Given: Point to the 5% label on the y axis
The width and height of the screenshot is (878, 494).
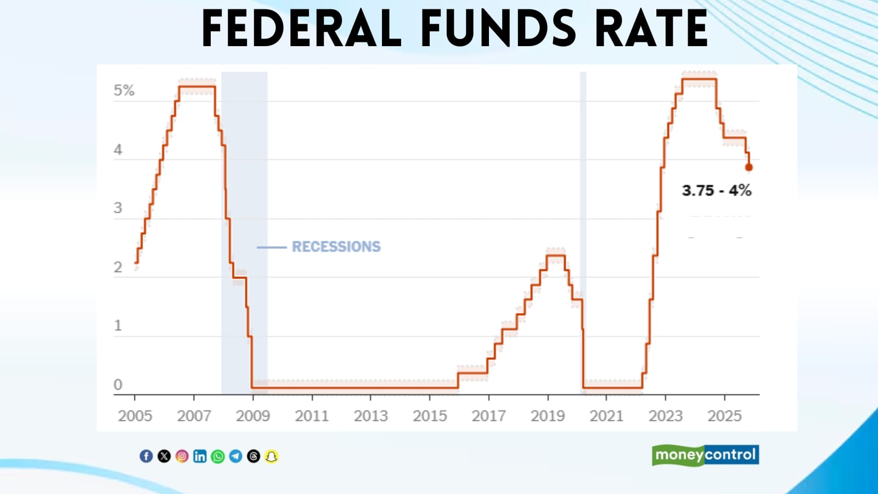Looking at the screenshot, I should tap(124, 91).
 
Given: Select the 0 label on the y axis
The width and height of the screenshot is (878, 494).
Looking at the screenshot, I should tap(118, 385).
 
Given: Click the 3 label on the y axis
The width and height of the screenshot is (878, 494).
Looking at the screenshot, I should tap(118, 208).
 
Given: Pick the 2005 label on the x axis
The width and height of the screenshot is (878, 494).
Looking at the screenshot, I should tap(135, 416).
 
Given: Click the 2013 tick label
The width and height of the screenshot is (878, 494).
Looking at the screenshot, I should tap(371, 416).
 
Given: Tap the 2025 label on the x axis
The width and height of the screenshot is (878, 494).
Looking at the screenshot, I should tap(724, 416).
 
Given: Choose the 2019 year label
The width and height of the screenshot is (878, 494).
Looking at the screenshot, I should tap(548, 416).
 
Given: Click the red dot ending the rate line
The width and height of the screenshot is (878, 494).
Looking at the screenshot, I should tap(748, 167).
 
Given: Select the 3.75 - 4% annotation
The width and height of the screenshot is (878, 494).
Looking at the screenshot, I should tap(716, 191).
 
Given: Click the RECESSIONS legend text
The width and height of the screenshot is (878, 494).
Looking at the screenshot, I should tap(336, 247).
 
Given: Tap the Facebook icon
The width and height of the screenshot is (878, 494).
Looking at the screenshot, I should tap(146, 456).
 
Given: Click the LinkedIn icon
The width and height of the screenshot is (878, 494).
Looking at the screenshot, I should tap(200, 456).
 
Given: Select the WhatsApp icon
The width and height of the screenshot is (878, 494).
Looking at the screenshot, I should tap(218, 456).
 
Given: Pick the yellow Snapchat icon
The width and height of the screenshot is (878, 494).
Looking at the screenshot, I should tap(271, 456).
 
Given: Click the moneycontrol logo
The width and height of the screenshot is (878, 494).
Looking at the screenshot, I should tap(705, 455).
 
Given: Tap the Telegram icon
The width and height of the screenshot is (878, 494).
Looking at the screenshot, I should tap(235, 456).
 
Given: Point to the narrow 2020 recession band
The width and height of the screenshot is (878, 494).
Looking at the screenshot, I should tap(583, 220).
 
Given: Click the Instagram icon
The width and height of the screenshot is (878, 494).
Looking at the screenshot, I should tap(182, 456).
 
